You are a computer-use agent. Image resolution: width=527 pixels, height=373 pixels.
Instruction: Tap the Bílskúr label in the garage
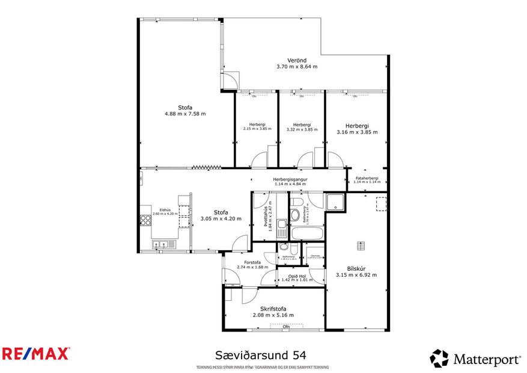coord(356,268)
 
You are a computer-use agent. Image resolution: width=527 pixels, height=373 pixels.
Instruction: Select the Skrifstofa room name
coord(273,307)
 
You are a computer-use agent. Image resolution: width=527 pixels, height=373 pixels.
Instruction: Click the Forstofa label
coord(248,262)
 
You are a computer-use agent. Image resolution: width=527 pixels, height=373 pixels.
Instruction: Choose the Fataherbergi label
coord(367,178)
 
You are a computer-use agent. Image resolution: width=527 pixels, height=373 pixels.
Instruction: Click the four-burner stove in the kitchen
coord(145,220)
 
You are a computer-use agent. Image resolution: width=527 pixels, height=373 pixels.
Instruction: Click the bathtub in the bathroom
coord(306,233)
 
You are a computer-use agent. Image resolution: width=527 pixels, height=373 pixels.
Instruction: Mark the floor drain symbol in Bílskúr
coord(361,245)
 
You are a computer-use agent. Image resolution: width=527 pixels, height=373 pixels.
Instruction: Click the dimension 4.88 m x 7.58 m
coord(184,113)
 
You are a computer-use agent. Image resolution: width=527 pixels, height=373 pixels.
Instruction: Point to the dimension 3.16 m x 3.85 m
coord(357,132)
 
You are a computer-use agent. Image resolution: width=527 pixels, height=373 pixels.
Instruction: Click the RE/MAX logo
coord(36,353)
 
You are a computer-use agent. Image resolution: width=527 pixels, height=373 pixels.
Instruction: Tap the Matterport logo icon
coord(439,359)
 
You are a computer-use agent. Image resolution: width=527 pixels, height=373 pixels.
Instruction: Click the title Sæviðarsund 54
coord(264,356)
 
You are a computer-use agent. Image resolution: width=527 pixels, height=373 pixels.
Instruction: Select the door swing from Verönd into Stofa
coord(231,79)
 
